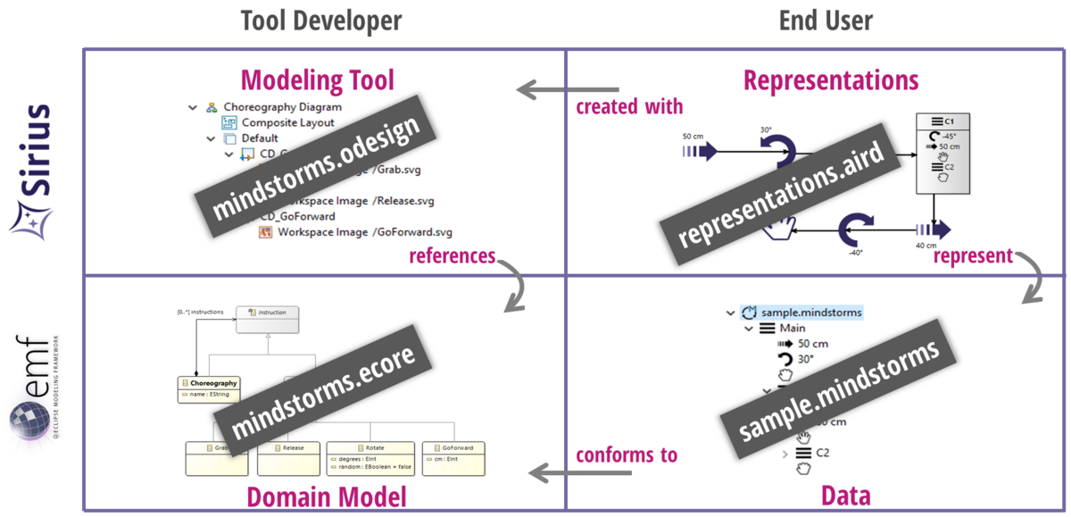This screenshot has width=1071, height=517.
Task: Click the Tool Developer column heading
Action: (321, 21)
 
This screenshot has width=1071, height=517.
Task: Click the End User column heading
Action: (826, 21)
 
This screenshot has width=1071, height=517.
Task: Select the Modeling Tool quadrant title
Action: (318, 80)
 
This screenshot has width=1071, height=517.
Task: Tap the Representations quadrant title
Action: (831, 80)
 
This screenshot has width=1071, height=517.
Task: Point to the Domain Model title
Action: (327, 496)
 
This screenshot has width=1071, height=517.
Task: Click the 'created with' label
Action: (629, 107)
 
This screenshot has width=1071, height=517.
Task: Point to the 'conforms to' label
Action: (627, 454)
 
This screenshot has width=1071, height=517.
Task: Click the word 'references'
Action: (452, 256)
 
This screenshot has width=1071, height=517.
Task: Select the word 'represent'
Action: (973, 256)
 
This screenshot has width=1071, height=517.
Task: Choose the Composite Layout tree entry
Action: (287, 122)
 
